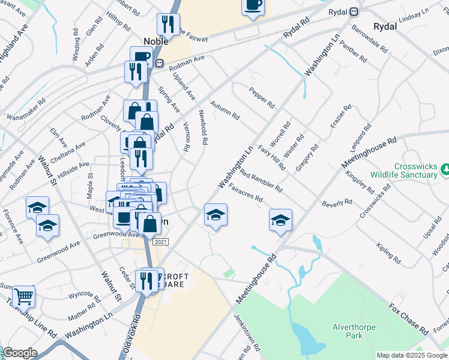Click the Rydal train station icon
[x=355, y=11]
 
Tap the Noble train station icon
[x=159, y=63]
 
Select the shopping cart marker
[x=23, y=296]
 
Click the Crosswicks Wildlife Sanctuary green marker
[x=445, y=170]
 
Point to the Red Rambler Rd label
[x=261, y=181]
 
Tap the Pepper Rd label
[x=262, y=95]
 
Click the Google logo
[x=19, y=353]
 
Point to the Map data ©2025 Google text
[x=412, y=355]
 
